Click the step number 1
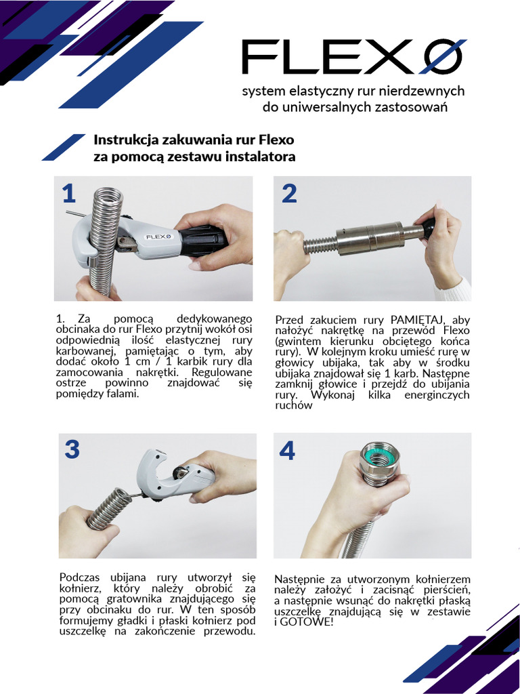tap(68, 195)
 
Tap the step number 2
tap(289, 195)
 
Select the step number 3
tap(72, 449)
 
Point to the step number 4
tap(288, 450)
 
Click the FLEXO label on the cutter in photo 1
tap(157, 237)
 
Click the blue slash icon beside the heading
tap(64, 147)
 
